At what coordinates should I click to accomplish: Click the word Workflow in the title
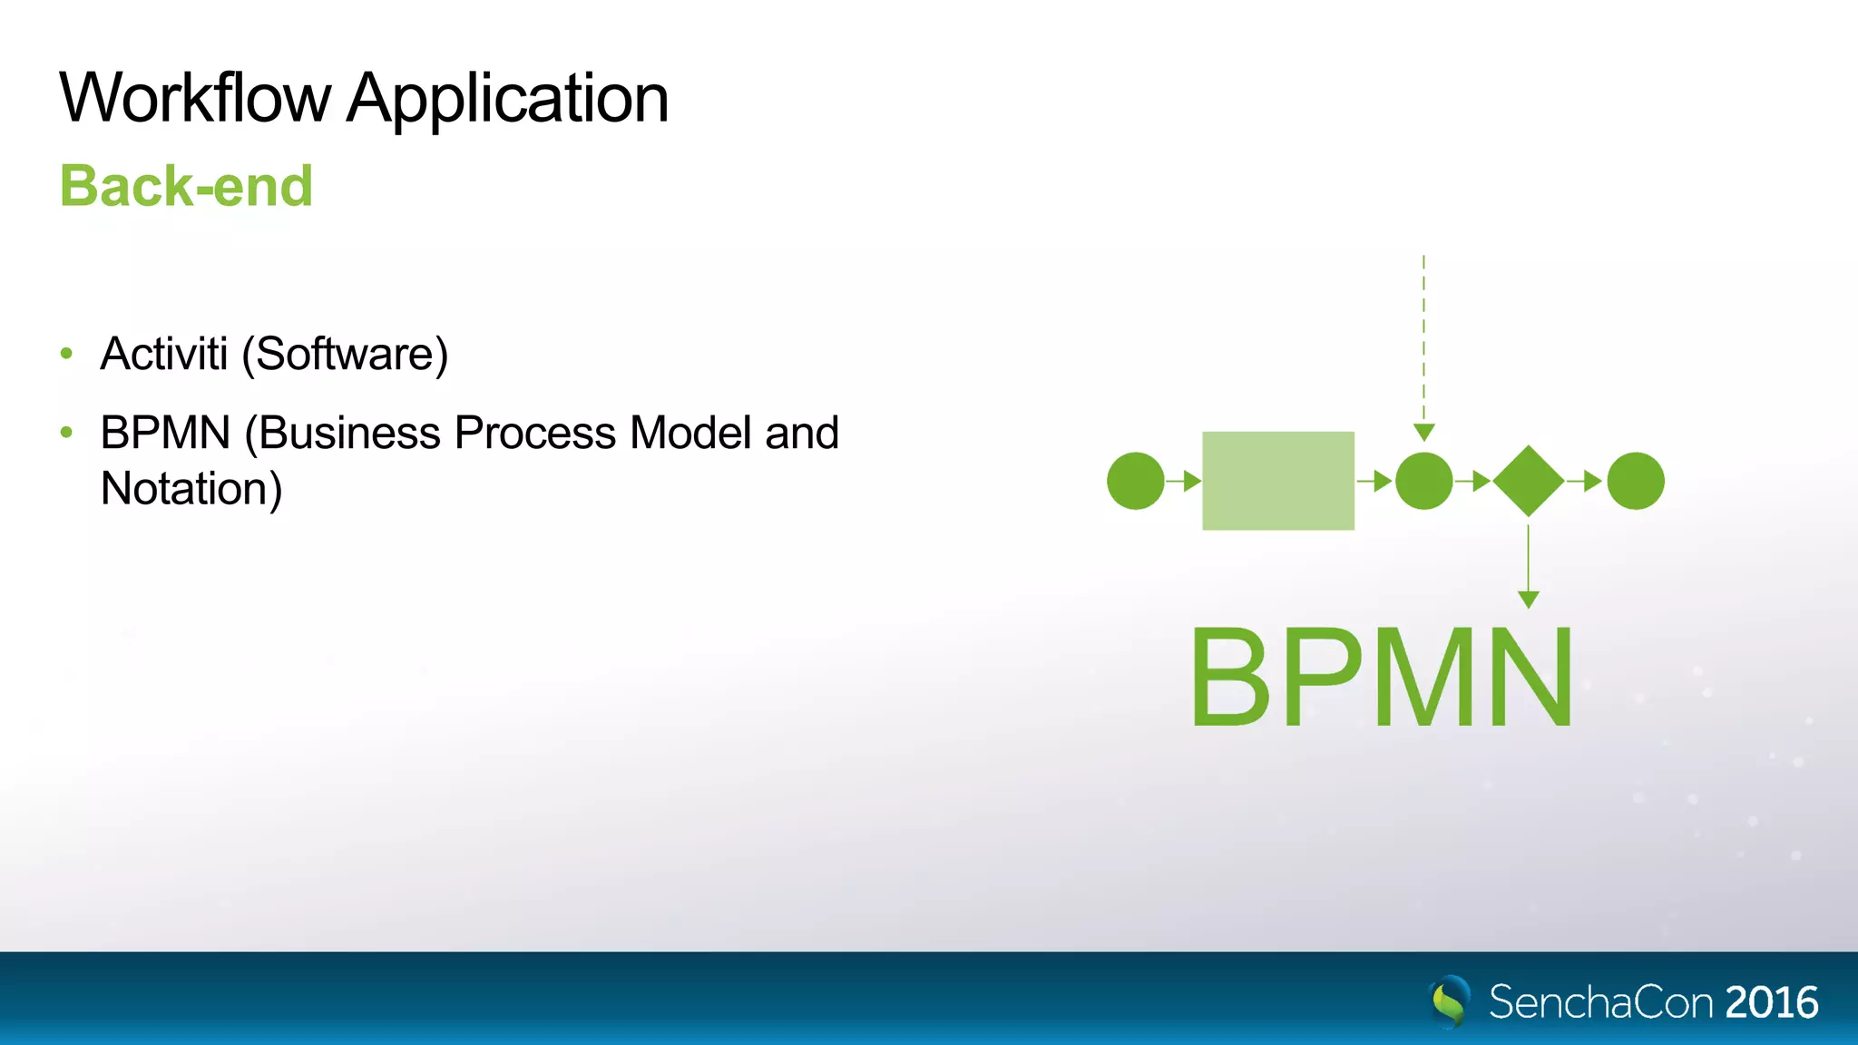pyautogui.click(x=195, y=98)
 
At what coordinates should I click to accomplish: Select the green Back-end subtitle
pyautogui.click(x=186, y=186)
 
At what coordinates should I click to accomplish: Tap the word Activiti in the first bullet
pyautogui.click(x=163, y=354)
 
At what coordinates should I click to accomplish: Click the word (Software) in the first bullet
pyautogui.click(x=345, y=355)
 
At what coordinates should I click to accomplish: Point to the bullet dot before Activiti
pyautogui.click(x=66, y=353)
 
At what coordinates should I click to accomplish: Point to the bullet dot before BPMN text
pyautogui.click(x=66, y=433)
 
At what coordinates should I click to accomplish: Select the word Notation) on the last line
pyautogui.click(x=191, y=489)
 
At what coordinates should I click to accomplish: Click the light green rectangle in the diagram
pyautogui.click(x=1277, y=481)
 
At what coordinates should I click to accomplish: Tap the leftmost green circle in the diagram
pyautogui.click(x=1135, y=481)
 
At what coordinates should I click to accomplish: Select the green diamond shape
pyautogui.click(x=1528, y=481)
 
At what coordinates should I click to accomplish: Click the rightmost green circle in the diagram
pyautogui.click(x=1635, y=481)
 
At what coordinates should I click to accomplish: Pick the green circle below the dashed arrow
pyautogui.click(x=1423, y=481)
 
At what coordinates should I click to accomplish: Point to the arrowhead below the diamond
pyautogui.click(x=1528, y=599)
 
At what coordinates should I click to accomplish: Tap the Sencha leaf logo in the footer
pyautogui.click(x=1449, y=1001)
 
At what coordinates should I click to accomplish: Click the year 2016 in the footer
pyautogui.click(x=1771, y=1002)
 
